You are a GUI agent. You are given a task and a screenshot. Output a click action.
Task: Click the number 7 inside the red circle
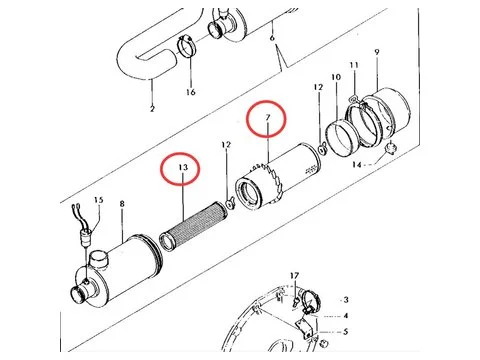[x=267, y=119]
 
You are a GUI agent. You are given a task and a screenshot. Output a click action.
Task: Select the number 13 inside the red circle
[x=182, y=167]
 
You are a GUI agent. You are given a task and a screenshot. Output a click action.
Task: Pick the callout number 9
[x=376, y=52]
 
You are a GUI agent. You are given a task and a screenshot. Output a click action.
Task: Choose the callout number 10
[x=336, y=77]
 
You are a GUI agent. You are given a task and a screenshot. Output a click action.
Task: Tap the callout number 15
[x=98, y=201]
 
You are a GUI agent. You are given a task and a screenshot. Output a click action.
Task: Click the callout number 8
[x=122, y=204]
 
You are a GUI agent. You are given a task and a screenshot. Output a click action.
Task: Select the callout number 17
[x=294, y=275]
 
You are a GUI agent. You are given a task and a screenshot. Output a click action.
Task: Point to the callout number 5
[x=344, y=331]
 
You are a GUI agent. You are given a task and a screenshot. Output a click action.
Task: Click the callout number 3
[x=344, y=299]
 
